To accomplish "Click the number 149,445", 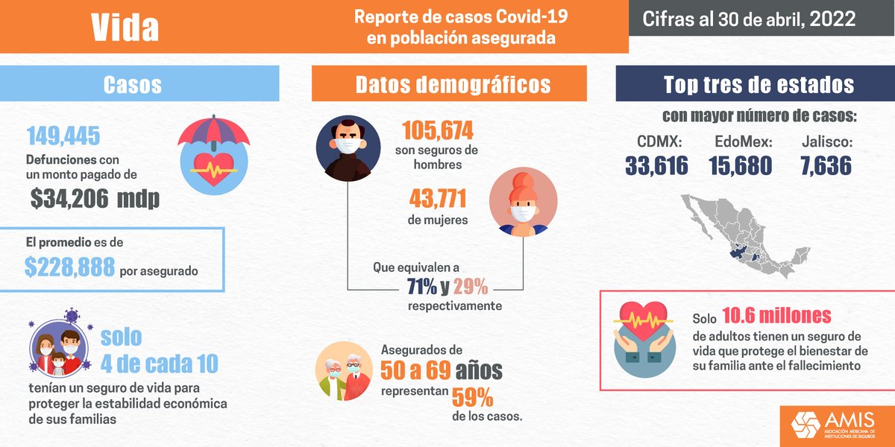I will pyautogui.click(x=63, y=136).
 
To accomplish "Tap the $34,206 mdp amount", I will pyautogui.click(x=95, y=199).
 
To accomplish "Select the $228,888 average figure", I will pyautogui.click(x=69, y=267).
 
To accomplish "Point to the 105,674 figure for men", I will pyautogui.click(x=438, y=131).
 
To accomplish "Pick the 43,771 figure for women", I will pyautogui.click(x=438, y=200).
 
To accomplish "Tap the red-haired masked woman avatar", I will pyautogui.click(x=523, y=204).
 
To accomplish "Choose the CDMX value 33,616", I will pyautogui.click(x=656, y=166).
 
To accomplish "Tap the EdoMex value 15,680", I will pyautogui.click(x=742, y=166).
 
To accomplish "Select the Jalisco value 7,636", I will pyautogui.click(x=826, y=166).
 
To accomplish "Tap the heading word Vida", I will pyautogui.click(x=125, y=28).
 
